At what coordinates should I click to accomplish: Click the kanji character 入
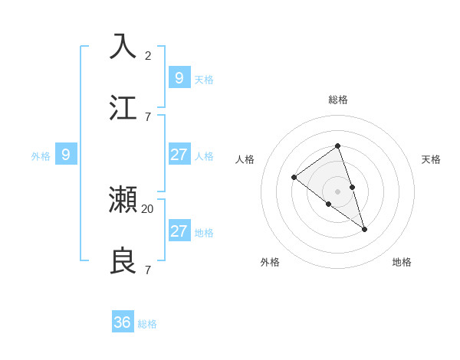coord(123,46)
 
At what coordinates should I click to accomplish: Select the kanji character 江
coord(123,107)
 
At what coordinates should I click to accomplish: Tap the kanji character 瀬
coord(123,200)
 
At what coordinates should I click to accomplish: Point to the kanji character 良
coord(123,261)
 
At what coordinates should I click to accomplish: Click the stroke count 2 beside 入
coord(148,55)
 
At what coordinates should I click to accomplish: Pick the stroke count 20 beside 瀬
coord(148,208)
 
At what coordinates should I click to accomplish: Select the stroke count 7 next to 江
coord(148,116)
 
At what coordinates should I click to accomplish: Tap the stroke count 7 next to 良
coord(148,270)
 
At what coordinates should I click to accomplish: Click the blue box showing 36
coord(123,322)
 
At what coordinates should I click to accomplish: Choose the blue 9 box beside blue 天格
coord(179,77)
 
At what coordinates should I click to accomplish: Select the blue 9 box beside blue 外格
coord(66,155)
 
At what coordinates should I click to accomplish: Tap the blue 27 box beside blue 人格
coord(179,155)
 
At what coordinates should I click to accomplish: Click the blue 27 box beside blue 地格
coord(179,231)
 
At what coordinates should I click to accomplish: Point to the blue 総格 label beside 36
coord(147,324)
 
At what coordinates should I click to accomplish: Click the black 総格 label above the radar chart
coord(338,100)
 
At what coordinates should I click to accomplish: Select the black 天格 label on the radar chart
coord(431,159)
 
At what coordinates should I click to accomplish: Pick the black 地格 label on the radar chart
coord(402,262)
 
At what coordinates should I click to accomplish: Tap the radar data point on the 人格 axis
coord(294,178)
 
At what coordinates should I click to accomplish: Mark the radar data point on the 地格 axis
coord(364,229)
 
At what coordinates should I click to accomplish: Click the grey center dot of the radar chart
coord(337,191)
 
